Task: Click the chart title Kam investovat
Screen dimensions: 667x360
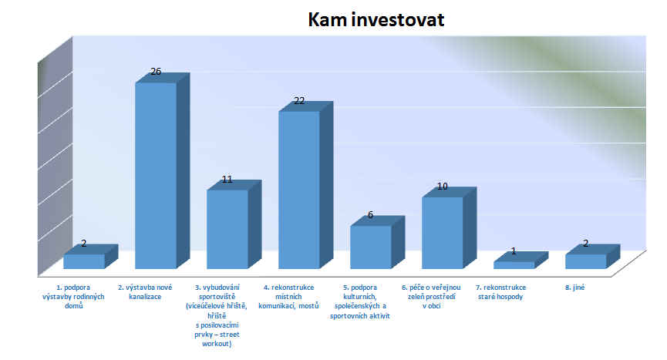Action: point(376,19)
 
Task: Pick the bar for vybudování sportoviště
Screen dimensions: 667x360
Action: point(234,224)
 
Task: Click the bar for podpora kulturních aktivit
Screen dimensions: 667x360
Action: point(377,242)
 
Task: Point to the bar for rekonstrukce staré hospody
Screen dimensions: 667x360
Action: point(520,260)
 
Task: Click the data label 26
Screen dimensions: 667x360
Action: point(156,72)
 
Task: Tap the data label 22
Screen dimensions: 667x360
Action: point(299,101)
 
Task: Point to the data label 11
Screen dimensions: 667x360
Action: point(227,180)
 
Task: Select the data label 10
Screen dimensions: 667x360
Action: point(443,186)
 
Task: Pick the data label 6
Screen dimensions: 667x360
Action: point(370,215)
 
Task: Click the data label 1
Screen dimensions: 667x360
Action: point(514,251)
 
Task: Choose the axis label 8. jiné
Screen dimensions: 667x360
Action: point(574,288)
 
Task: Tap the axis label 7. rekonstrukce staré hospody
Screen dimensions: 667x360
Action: point(500,292)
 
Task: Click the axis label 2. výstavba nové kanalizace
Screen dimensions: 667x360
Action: point(145,292)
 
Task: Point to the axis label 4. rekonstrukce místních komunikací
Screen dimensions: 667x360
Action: point(288,297)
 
